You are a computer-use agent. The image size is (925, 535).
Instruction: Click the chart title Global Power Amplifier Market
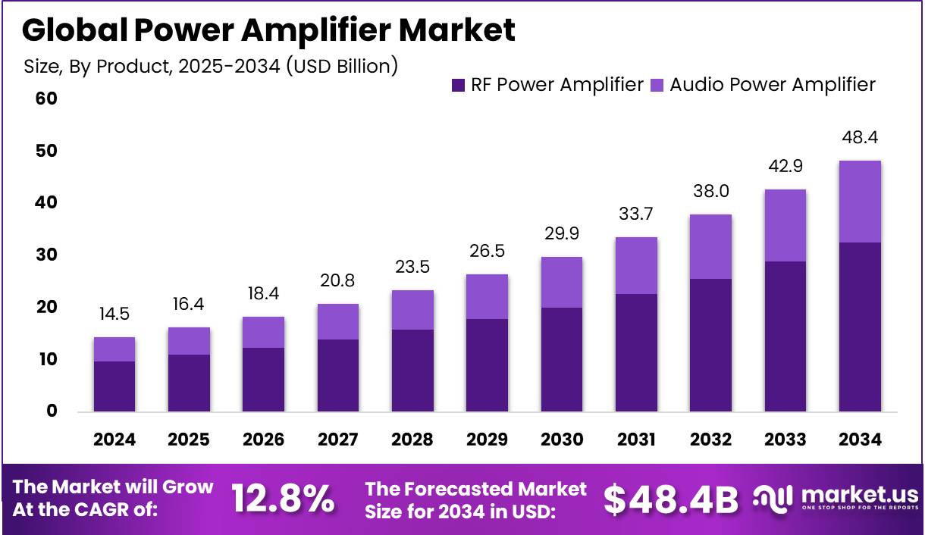(268, 30)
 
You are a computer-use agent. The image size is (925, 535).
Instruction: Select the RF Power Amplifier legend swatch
(458, 85)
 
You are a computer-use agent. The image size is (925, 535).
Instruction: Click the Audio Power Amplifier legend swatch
(657, 85)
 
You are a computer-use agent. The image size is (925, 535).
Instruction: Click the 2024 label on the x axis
(114, 440)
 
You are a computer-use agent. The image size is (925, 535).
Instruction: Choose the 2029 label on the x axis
(487, 440)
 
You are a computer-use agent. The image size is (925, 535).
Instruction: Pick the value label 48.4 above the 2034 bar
(860, 138)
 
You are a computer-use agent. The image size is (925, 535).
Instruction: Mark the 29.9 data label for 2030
(562, 234)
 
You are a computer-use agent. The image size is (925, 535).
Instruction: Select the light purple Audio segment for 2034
(860, 202)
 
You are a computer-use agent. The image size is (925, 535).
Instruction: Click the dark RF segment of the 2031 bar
(636, 352)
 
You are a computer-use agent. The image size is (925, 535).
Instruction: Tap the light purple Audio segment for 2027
(338, 321)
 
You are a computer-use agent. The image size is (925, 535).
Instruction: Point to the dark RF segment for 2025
(189, 383)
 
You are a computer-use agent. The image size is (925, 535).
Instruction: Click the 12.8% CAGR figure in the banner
(282, 498)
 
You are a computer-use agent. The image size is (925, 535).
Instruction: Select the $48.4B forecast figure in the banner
(671, 499)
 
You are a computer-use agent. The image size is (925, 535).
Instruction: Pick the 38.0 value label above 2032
(710, 192)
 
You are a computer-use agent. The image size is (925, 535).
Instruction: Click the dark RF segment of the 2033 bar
(785, 336)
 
